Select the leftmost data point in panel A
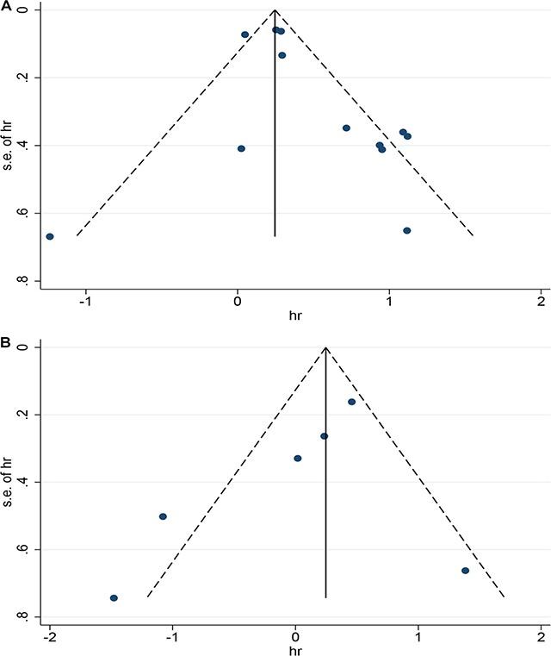[x=50, y=236]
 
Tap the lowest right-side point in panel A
[x=407, y=230]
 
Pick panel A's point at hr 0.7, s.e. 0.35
[x=346, y=128]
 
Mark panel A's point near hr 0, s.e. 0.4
[x=241, y=148]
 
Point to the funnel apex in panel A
[x=275, y=10]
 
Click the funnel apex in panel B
[x=325, y=347]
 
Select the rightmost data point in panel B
[x=465, y=571]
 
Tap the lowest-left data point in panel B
[x=114, y=597]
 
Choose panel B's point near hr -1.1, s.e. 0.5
[x=163, y=516]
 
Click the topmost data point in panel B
[x=351, y=402]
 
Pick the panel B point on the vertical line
[x=325, y=436]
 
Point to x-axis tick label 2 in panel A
[x=542, y=303]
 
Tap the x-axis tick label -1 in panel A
[x=85, y=303]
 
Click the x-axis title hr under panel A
[x=295, y=316]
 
